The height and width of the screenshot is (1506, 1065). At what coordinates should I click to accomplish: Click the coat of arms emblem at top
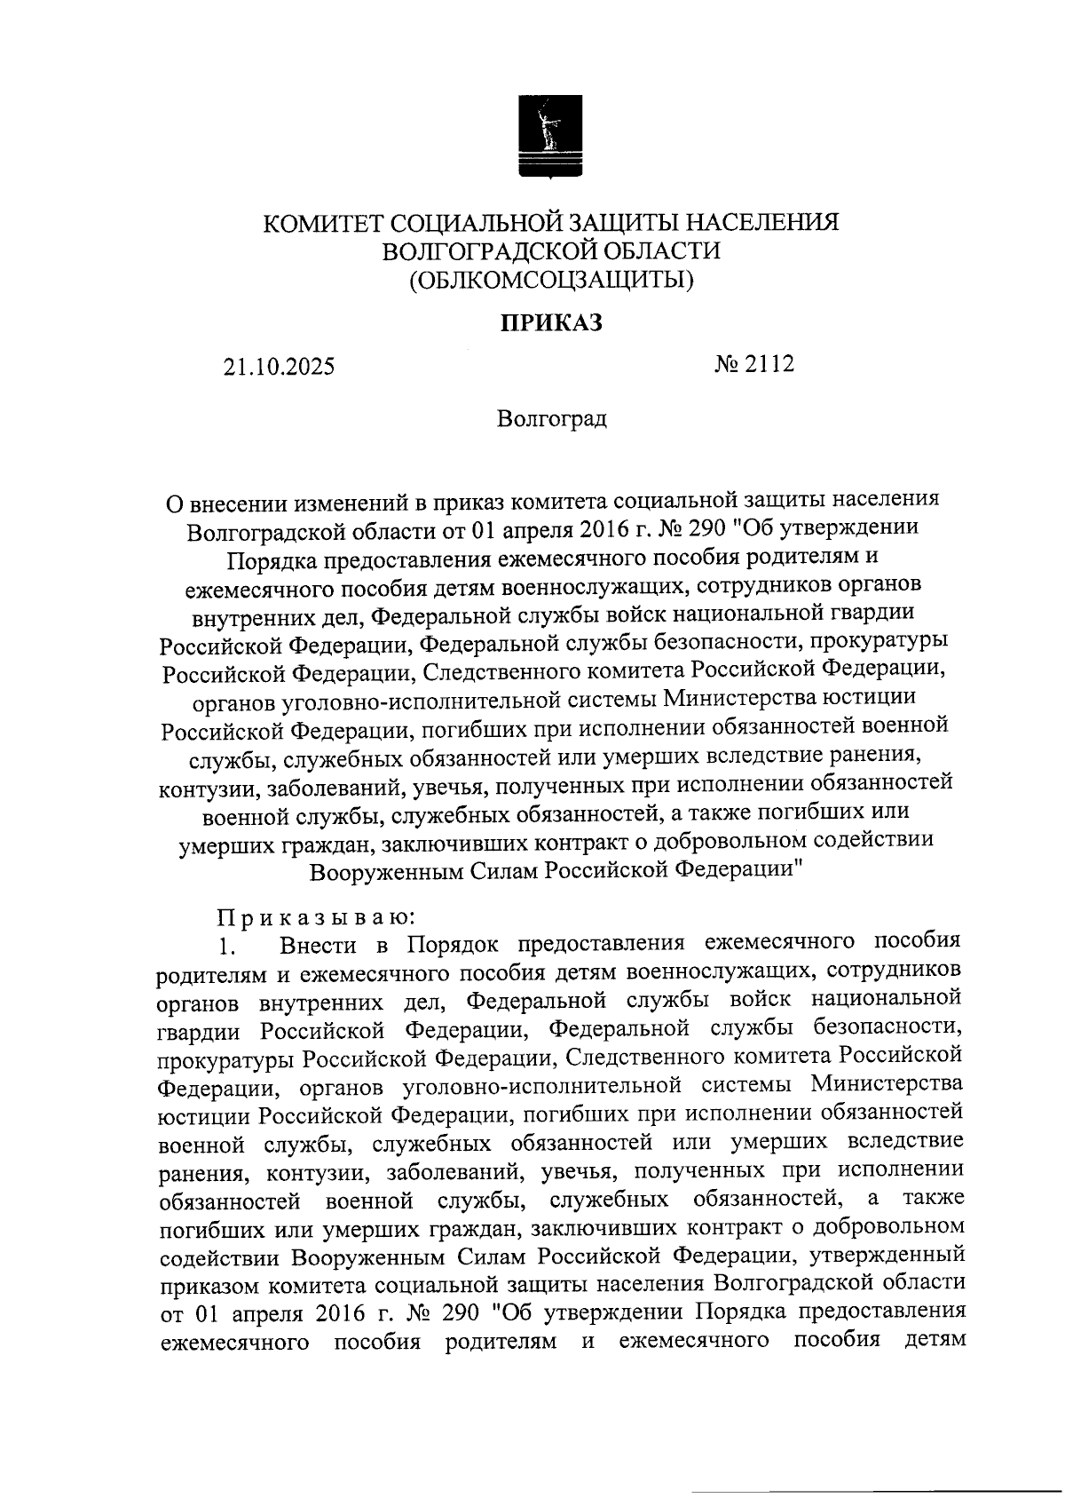tap(550, 139)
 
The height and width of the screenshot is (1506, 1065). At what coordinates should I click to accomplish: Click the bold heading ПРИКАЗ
tap(549, 323)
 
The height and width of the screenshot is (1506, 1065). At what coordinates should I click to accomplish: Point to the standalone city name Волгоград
tap(552, 418)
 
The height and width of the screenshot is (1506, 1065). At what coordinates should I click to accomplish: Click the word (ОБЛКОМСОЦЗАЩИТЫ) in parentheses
tap(550, 281)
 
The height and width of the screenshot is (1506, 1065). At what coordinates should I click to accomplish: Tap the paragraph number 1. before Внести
tap(229, 945)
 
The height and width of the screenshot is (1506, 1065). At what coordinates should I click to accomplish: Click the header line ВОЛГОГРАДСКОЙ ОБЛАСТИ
tap(550, 251)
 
